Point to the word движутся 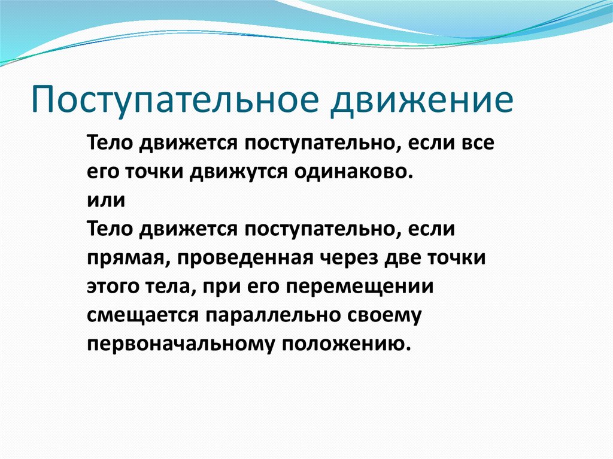click(240, 172)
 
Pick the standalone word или click(106, 200)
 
